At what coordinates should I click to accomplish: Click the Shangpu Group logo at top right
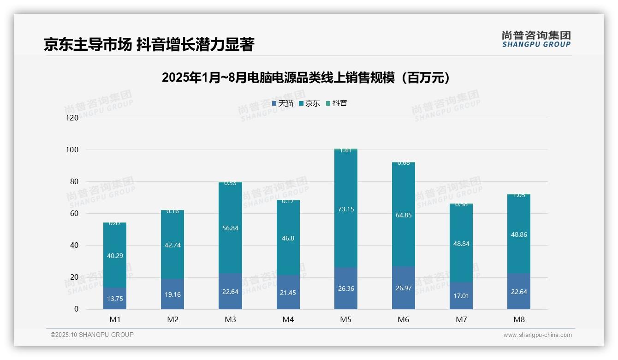536,39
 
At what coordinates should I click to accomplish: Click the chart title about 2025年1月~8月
306,78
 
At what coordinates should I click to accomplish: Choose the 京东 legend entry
309,103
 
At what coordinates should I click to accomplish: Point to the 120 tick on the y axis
72,118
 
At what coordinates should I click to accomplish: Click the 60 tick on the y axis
74,214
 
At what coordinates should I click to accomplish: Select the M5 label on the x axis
345,320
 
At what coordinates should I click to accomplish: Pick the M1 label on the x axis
115,320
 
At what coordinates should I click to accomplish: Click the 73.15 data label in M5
345,209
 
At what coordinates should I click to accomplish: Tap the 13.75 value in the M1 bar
115,299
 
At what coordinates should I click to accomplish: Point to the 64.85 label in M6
404,215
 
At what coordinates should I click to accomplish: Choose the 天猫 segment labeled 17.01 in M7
461,296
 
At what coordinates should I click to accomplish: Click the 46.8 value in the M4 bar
288,239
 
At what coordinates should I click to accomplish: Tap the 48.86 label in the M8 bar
519,234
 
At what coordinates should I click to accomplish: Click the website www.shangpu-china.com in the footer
537,335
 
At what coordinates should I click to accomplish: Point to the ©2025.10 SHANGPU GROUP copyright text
92,335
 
